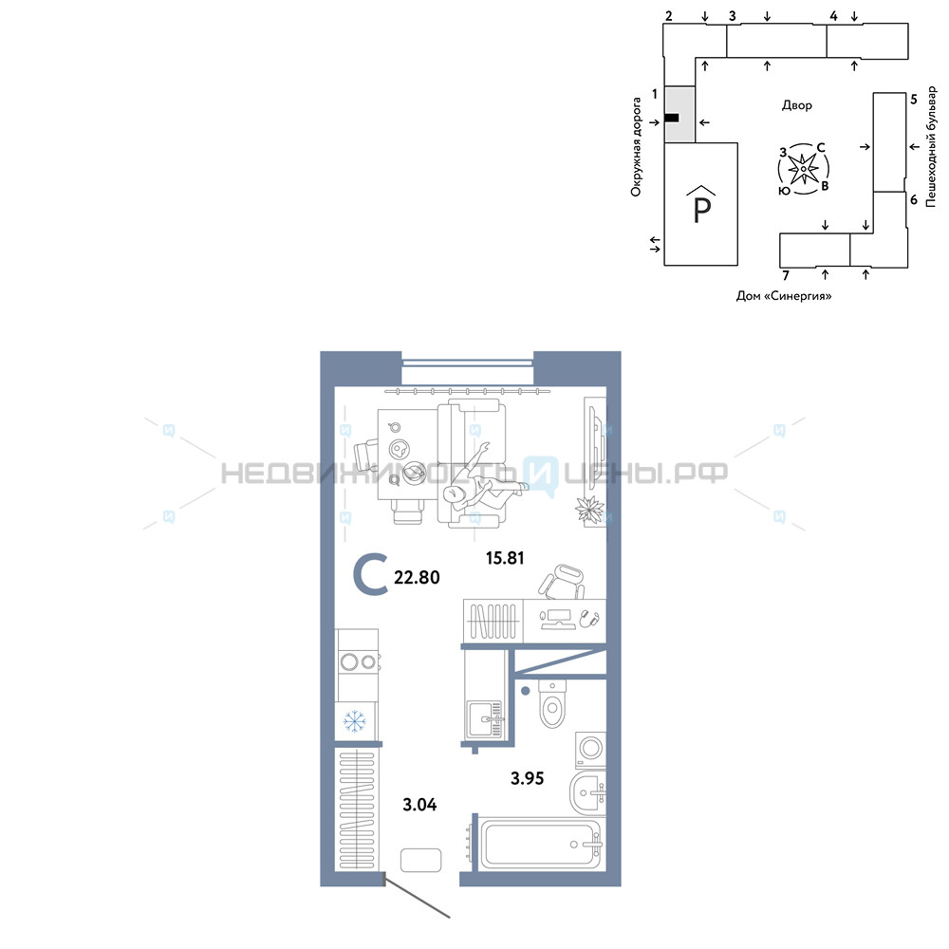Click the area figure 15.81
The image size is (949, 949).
pos(505,558)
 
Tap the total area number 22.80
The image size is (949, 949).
pos(417,577)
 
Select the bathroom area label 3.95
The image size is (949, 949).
pos(527,778)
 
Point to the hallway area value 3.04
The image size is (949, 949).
pos(419,805)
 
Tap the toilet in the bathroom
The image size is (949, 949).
pos(551,703)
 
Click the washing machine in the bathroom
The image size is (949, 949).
pos(590,750)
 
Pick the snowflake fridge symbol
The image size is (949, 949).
pos(355,721)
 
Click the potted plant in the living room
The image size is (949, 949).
pos(589,509)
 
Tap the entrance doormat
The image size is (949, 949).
pos(420,860)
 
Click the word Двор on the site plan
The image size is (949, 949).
pos(796,105)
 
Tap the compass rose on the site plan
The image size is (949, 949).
pos(803,169)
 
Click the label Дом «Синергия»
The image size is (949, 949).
pos(784,296)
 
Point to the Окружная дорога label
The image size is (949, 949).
pos(636,147)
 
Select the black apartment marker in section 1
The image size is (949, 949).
pos(672,118)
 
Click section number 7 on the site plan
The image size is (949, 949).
pos(786,276)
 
